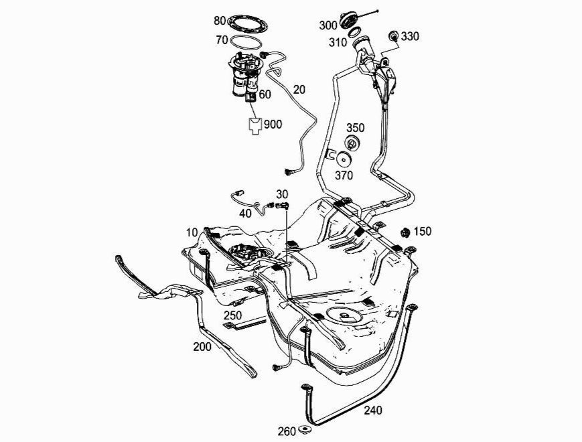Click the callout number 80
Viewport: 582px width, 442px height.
pyautogui.click(x=220, y=21)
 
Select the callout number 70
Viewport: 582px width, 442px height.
pyautogui.click(x=222, y=40)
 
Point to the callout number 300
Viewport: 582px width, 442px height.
pyautogui.click(x=328, y=25)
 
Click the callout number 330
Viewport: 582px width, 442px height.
pyautogui.click(x=411, y=36)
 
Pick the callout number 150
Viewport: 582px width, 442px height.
pyautogui.click(x=423, y=232)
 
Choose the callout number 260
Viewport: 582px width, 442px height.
pyautogui.click(x=287, y=431)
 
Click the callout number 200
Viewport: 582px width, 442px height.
pyautogui.click(x=202, y=346)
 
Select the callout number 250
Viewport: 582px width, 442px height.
pyautogui.click(x=232, y=314)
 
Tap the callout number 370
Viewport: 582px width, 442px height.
pyautogui.click(x=344, y=176)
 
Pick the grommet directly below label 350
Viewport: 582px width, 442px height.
pyautogui.click(x=350, y=143)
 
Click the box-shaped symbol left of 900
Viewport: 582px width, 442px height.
pyautogui.click(x=255, y=126)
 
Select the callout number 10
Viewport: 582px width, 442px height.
pyautogui.click(x=193, y=232)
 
